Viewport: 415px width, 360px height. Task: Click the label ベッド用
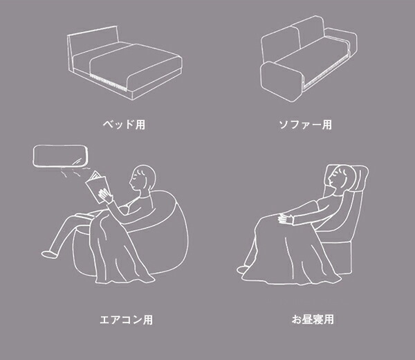click(124, 124)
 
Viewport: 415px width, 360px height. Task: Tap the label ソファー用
click(306, 125)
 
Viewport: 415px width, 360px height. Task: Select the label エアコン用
click(127, 319)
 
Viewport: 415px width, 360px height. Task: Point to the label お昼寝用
click(313, 319)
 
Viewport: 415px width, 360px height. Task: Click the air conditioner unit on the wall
click(60, 156)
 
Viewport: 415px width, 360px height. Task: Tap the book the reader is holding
click(97, 186)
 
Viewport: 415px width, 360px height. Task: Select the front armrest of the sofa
click(281, 81)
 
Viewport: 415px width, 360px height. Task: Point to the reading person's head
click(143, 177)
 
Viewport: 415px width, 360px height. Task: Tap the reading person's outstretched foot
click(49, 253)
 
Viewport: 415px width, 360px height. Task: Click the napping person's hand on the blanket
click(286, 219)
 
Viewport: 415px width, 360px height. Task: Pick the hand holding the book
click(105, 196)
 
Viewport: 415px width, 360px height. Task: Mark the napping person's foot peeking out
click(242, 270)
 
